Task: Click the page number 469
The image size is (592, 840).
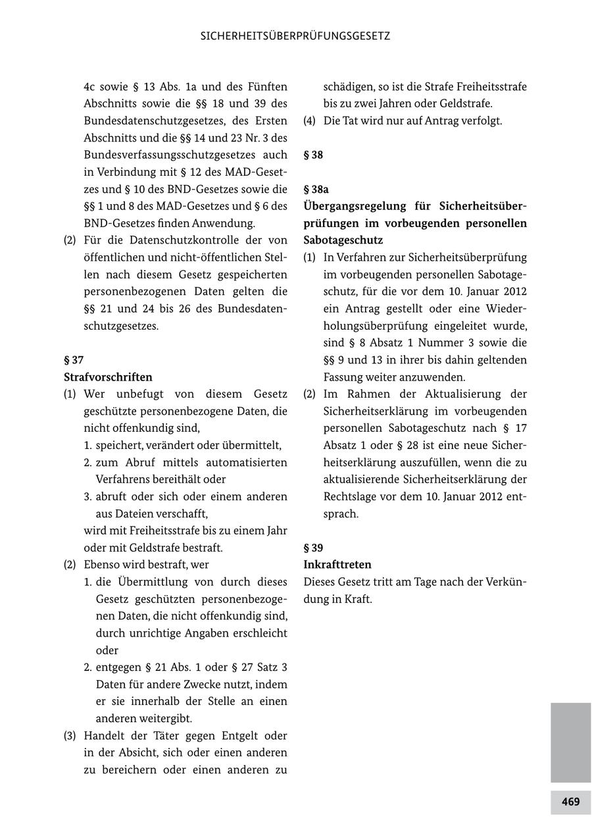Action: click(x=570, y=802)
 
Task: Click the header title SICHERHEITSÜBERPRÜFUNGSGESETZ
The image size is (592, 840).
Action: click(x=295, y=36)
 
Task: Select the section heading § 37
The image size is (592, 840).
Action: click(x=74, y=360)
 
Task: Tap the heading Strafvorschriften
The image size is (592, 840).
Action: click(x=108, y=377)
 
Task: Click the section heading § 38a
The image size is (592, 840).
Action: click(x=316, y=189)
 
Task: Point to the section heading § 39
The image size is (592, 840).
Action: click(x=313, y=548)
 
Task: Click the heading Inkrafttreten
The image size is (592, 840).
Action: click(x=337, y=565)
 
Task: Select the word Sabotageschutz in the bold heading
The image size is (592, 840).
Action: click(x=343, y=240)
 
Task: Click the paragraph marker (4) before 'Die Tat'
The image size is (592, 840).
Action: click(x=309, y=121)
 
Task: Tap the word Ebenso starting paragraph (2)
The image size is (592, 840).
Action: click(x=101, y=565)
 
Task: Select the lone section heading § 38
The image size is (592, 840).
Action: click(x=313, y=155)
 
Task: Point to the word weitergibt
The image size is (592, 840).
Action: click(x=177, y=718)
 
